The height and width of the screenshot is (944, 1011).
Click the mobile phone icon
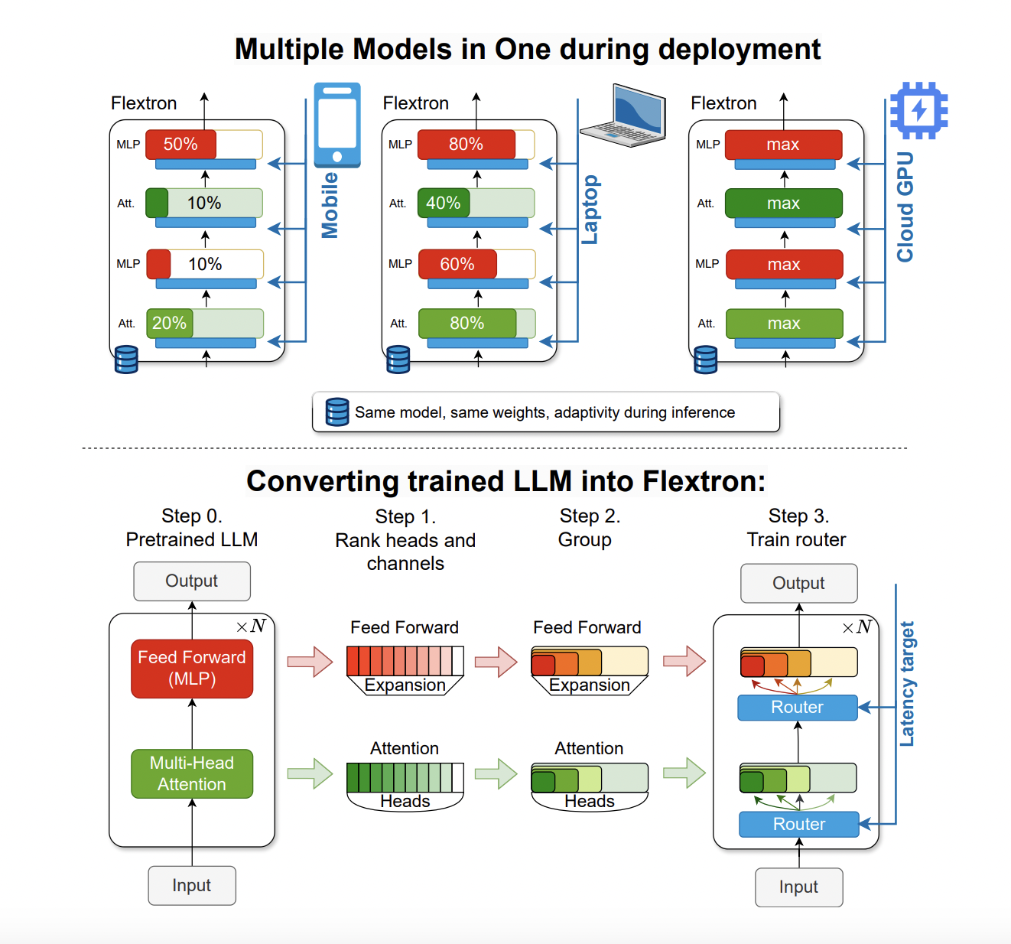coord(337,125)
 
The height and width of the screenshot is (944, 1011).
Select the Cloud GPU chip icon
coord(918,110)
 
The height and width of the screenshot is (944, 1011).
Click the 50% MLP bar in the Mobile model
coord(181,145)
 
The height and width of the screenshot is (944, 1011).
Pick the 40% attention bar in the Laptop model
coord(444,203)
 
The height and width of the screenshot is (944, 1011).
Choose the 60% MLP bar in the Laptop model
coord(457,265)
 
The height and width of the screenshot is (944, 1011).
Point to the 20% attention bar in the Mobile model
coord(170,324)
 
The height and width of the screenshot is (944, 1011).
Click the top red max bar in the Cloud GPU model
coord(783,145)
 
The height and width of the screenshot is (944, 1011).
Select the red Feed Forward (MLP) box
coord(192,669)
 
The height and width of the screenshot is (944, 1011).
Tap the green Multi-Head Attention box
coord(192,773)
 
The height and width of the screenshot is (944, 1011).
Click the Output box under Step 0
coord(192,581)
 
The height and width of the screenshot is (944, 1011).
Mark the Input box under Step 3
coord(798,887)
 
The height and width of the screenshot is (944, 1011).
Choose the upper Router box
coord(798,708)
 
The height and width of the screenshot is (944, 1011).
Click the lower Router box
coord(798,825)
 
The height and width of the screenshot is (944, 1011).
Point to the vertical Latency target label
coord(907,684)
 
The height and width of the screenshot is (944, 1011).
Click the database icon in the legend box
coord(337,412)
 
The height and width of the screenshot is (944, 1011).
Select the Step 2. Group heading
coord(588,528)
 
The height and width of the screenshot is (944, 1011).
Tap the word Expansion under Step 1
coord(405,685)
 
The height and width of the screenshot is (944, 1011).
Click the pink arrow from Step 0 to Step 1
coord(310,662)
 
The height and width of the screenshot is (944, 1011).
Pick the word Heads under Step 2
coord(589,801)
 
